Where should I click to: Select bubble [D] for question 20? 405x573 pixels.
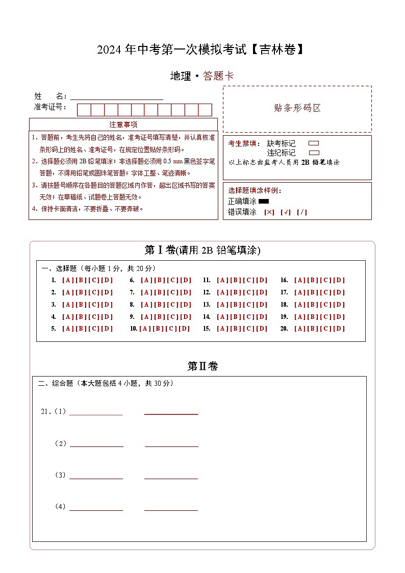339,329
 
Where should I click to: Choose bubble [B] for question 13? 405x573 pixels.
235,305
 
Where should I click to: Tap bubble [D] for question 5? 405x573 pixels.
107,329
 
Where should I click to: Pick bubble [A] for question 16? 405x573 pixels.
299,280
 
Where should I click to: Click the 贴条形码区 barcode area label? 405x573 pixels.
297,108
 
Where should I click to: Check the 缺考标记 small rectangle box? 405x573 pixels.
314,143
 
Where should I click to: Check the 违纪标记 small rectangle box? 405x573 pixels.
314,153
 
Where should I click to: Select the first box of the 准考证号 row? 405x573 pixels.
84,110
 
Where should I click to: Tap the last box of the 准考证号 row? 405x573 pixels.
205,110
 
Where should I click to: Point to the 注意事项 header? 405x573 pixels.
123,124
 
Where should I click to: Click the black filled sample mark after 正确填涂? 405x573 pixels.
264,202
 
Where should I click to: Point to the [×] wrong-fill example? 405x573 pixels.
269,212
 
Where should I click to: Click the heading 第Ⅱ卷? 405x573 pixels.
202,366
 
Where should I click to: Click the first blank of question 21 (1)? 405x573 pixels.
96,412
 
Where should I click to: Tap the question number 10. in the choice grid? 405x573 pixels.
134,329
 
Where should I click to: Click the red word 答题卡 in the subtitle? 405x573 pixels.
218,76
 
